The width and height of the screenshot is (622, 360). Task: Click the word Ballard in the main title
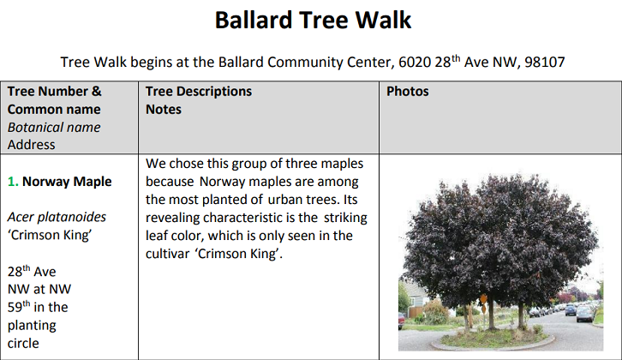(x=254, y=20)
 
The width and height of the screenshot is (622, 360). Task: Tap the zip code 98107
(x=545, y=63)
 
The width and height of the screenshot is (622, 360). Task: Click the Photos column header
(x=408, y=92)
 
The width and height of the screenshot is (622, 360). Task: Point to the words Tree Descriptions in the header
(x=199, y=92)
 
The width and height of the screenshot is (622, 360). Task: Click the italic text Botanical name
(x=54, y=128)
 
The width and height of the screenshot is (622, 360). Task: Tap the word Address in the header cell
(x=32, y=145)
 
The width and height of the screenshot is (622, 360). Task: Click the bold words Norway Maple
(x=67, y=182)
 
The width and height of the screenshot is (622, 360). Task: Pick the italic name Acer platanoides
(x=57, y=217)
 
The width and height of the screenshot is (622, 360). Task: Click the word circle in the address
(x=23, y=344)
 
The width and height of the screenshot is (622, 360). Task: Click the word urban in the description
(x=285, y=200)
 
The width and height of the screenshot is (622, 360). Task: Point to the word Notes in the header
(x=164, y=110)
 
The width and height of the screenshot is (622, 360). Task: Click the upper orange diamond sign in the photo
(x=483, y=298)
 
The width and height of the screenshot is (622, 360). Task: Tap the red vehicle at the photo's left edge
(x=401, y=321)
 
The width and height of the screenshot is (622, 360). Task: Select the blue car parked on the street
(x=571, y=309)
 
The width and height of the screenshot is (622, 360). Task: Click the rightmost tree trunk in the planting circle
(x=520, y=315)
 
